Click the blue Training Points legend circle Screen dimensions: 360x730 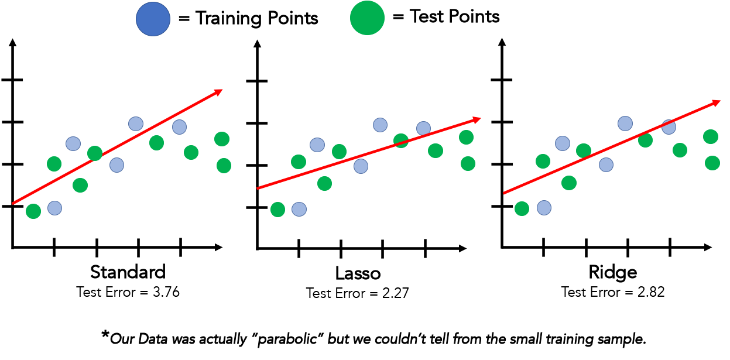pos(153,18)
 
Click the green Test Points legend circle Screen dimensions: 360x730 pos(367,18)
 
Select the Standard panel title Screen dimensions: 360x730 pos(128,272)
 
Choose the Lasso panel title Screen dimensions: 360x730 pos(358,273)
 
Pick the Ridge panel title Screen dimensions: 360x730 pos(614,272)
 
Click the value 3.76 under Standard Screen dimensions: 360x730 pos(167,292)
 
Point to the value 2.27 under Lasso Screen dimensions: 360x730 pos(396,293)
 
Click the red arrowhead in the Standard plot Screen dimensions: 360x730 pos(218,92)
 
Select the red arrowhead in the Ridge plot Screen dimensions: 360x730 pos(716,102)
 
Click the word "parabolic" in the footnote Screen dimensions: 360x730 pos(292,338)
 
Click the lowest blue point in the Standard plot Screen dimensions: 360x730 pos(54,208)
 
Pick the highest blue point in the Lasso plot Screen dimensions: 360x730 pos(381,125)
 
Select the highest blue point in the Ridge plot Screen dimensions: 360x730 pos(625,124)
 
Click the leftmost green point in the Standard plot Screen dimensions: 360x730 pos(33,211)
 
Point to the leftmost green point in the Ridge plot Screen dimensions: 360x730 pos(522,208)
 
